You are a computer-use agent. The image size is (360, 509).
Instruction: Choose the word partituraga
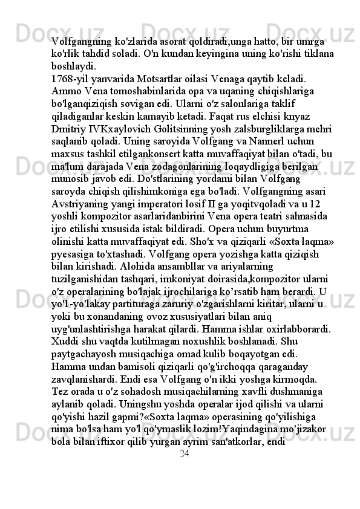138,306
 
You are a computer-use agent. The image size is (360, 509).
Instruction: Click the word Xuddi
65,344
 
